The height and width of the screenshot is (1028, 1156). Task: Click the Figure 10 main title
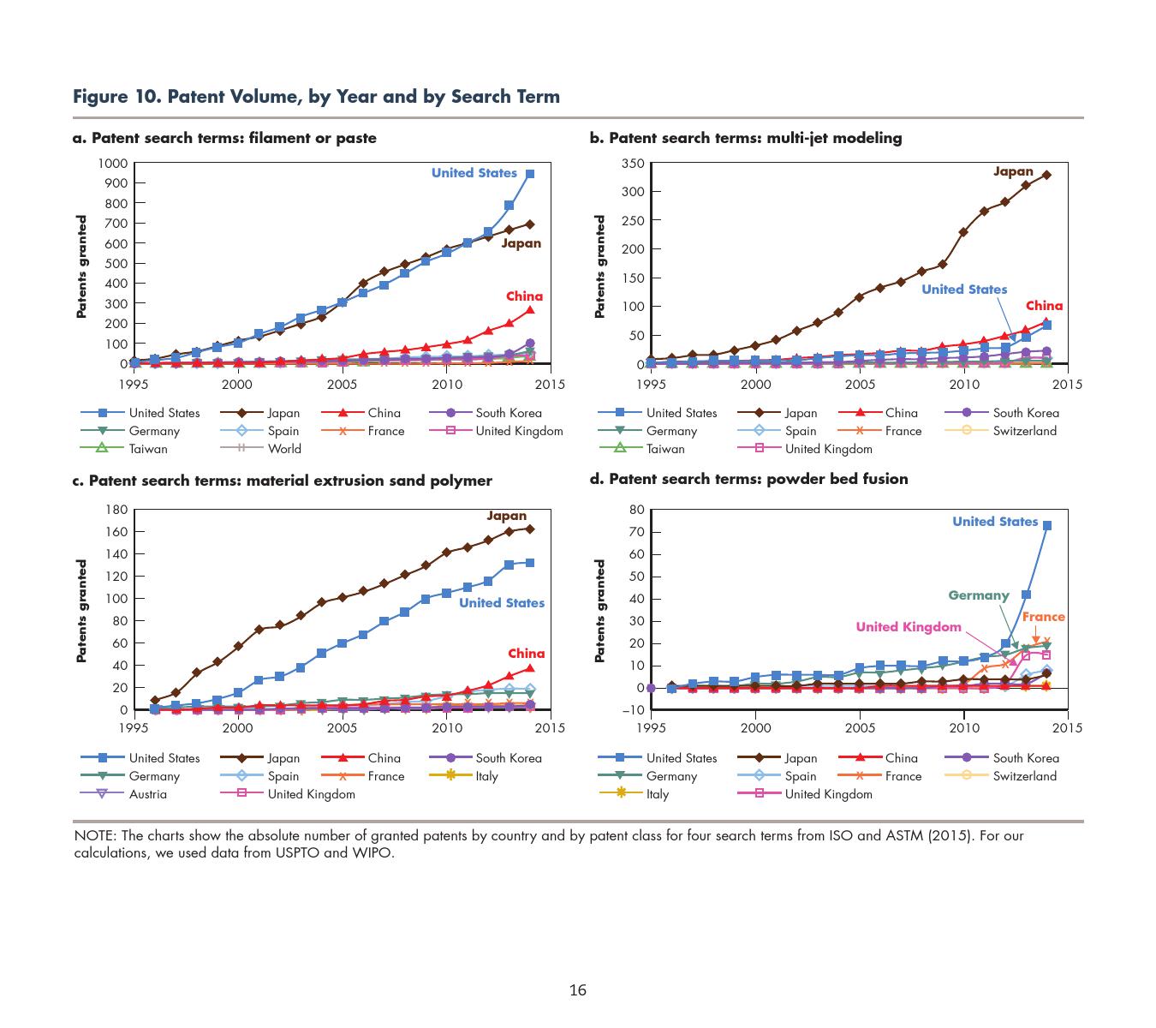pos(316,97)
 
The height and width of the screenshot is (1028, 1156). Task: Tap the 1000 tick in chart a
pos(112,164)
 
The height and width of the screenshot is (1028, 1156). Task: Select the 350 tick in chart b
pos(633,164)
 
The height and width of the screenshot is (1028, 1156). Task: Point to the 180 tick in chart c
pos(116,510)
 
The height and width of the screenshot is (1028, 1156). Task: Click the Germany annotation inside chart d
pos(978,595)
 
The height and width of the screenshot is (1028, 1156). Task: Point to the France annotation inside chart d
pos(1043,617)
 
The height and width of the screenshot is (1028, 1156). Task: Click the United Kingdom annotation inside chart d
pos(909,627)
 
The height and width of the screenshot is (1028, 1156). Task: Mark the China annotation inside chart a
pos(524,296)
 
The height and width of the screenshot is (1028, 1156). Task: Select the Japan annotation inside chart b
pos(1013,171)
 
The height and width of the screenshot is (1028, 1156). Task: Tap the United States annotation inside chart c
pos(501,603)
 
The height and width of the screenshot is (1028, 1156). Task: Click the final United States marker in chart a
pos(530,174)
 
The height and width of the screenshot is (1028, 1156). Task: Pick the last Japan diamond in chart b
pos(1046,175)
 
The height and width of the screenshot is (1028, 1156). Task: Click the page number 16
pos(578,991)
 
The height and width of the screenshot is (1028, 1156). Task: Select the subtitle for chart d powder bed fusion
pos(748,479)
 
